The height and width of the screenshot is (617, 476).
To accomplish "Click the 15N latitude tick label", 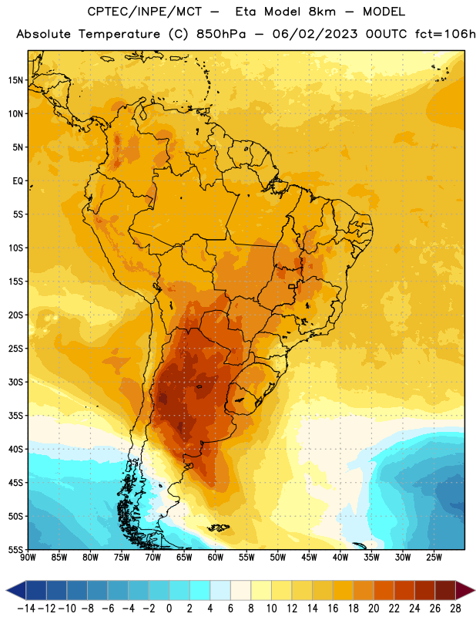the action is coord(15,80).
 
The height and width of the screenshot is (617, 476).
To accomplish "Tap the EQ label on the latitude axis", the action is coord(18,181).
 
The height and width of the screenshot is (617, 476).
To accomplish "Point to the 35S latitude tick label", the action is coord(15,416).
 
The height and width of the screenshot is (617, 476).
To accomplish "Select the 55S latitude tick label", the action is coord(15,549).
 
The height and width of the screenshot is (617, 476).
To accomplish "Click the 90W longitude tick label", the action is coord(28,558).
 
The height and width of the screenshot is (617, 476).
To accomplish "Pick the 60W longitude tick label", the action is coord(216,558).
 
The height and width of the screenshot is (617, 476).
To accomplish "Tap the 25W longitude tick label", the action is coord(434,558).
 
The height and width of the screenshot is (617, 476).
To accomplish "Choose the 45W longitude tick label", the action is coord(309,558).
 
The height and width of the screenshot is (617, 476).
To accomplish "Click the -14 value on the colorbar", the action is coord(26,609).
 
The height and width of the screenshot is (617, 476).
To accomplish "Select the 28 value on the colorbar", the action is coord(455,609).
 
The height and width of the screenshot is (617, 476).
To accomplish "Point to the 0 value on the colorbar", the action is coord(169,609).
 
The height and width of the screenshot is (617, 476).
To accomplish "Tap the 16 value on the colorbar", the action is coord(333,609).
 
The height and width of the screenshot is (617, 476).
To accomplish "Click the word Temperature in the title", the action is coord(119,34).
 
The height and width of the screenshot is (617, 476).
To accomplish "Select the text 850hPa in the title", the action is coord(221,34).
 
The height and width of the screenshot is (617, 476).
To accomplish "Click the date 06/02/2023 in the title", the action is coord(315,34).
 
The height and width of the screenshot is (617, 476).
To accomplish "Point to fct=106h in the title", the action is coord(445,34).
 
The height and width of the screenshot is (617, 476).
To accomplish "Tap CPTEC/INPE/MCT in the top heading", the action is coord(144,12).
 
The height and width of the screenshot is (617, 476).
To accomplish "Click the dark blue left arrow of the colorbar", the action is coord(16,590).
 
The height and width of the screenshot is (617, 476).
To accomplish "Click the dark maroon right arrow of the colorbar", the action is coord(465,590).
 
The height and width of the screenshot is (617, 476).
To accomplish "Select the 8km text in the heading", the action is coord(322,12).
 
